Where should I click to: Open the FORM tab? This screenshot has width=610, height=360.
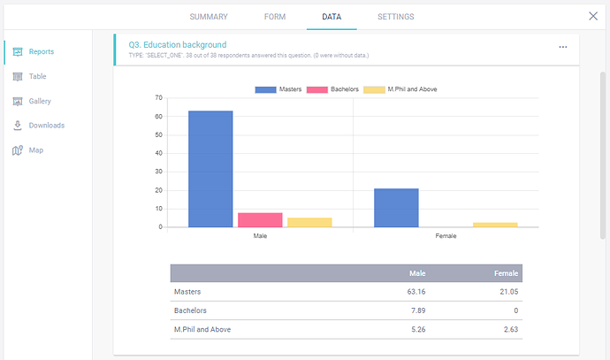(x=274, y=17)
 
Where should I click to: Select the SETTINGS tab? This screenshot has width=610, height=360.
(x=395, y=17)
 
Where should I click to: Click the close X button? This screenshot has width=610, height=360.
(x=593, y=16)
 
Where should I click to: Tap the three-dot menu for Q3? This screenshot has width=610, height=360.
(x=562, y=47)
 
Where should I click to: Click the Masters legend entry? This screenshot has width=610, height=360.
(x=279, y=89)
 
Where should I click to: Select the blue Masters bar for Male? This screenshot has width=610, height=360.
(x=210, y=169)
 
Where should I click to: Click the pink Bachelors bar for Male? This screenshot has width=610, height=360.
(x=260, y=219)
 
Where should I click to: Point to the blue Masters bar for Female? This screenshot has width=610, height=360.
(x=396, y=208)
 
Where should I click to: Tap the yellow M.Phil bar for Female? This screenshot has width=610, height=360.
(x=495, y=225)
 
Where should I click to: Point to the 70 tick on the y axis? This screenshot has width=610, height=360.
(x=158, y=97)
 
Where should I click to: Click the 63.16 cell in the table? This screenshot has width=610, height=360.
(x=413, y=292)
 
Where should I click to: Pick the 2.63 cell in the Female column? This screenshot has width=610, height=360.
(x=507, y=330)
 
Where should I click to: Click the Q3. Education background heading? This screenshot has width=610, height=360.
(x=177, y=44)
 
